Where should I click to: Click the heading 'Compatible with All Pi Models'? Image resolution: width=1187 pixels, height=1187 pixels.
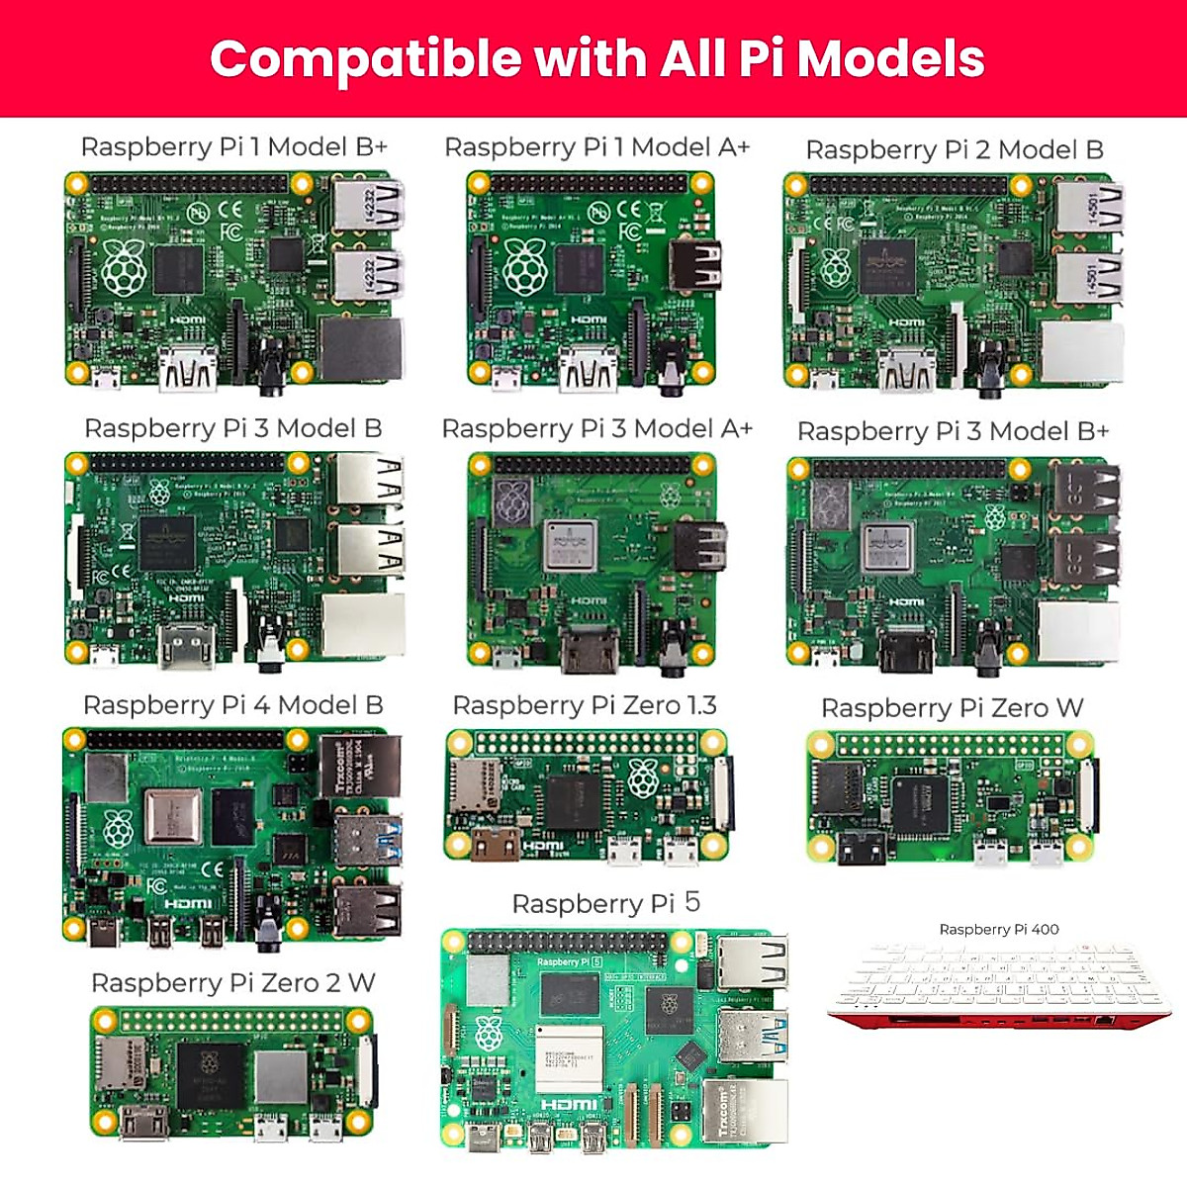596,58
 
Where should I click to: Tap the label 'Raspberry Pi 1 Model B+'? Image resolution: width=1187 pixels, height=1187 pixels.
233,147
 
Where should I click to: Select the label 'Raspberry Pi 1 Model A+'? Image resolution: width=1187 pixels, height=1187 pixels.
596,147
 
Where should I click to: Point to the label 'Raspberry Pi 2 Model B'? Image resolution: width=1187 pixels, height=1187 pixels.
954,150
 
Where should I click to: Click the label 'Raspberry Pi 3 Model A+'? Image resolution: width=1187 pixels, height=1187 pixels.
596,429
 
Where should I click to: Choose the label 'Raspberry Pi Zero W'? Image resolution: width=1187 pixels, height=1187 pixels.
952,708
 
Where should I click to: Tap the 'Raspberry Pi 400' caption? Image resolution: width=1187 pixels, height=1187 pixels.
998,930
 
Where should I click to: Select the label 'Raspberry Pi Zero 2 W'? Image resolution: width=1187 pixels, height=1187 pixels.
232,983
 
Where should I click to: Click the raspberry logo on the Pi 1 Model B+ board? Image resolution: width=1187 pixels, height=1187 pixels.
123,268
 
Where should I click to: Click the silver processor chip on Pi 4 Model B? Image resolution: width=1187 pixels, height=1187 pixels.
172,817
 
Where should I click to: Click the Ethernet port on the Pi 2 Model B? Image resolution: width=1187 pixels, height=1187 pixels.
1082,352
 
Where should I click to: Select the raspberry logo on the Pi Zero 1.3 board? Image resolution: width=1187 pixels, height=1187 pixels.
643,779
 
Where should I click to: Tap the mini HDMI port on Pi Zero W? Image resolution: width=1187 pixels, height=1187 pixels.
862,848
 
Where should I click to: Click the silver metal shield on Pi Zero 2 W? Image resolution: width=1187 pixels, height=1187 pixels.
281,1077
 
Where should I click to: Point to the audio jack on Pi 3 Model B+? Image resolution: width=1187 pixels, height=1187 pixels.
987,648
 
